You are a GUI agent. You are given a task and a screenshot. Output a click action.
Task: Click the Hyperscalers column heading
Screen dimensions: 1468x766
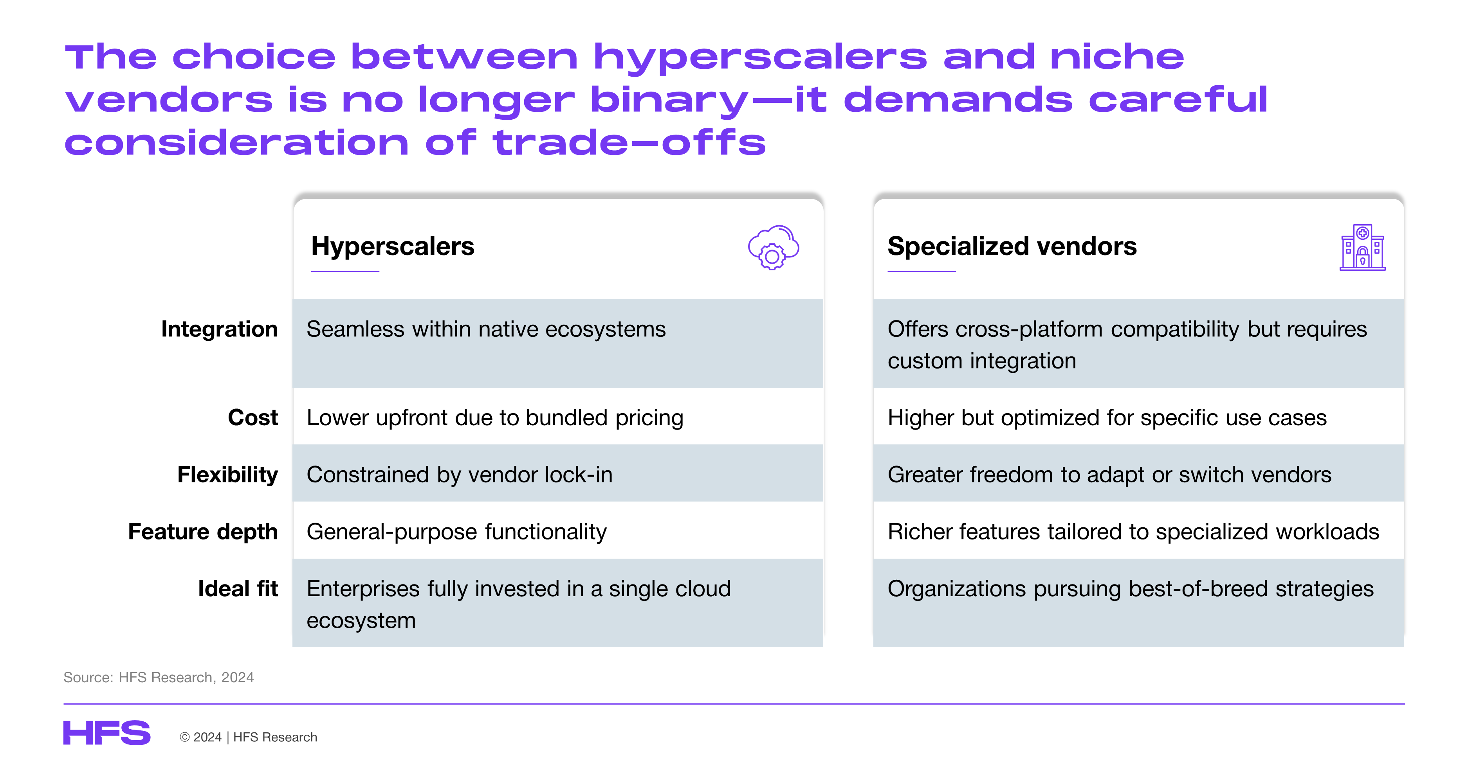pyautogui.click(x=393, y=246)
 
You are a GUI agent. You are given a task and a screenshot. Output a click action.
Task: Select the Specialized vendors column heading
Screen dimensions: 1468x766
pyautogui.click(x=1012, y=246)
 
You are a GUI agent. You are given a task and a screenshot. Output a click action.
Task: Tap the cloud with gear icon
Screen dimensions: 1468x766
pyautogui.click(x=773, y=247)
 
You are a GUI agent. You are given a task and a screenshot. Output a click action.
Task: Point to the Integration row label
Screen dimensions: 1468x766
pyautogui.click(x=219, y=329)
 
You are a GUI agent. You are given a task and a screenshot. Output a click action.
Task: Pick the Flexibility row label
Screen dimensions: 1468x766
pyautogui.click(x=228, y=475)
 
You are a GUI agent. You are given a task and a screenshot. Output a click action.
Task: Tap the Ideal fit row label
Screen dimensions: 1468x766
pyautogui.click(x=238, y=588)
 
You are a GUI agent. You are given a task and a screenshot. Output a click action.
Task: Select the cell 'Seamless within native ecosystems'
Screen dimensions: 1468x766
pyautogui.click(x=486, y=329)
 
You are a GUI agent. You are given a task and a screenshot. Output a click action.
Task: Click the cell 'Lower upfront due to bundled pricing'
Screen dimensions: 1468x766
pyautogui.click(x=495, y=418)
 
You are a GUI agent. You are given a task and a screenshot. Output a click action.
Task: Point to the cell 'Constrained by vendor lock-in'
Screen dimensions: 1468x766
pyautogui.click(x=459, y=475)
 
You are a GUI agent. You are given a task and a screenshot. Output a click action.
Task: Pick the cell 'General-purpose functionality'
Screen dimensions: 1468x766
pyautogui.click(x=456, y=532)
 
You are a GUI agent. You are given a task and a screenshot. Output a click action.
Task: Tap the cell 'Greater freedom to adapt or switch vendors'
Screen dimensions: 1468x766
pyautogui.click(x=1109, y=475)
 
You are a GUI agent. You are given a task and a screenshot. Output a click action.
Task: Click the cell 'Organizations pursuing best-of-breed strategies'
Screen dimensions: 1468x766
pyautogui.click(x=1131, y=589)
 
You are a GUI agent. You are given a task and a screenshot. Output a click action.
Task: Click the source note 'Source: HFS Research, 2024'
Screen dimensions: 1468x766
pyautogui.click(x=159, y=677)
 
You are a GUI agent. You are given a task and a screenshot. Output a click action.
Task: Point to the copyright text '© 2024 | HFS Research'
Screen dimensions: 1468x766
pyautogui.click(x=249, y=737)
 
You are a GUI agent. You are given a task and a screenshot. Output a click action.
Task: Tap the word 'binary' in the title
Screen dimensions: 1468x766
pyautogui.click(x=669, y=101)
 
